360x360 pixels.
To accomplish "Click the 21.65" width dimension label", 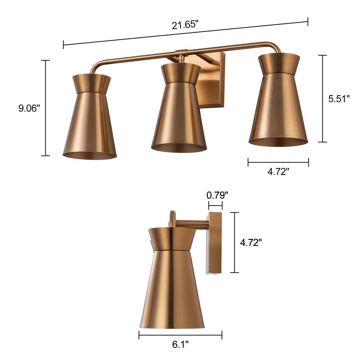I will coord(185,25).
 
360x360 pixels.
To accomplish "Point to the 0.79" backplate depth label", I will coord(217,195).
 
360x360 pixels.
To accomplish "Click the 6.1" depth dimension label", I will coord(180,345).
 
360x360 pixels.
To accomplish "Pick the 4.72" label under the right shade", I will coord(278,171).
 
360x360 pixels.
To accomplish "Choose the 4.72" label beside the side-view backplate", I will coord(251,243).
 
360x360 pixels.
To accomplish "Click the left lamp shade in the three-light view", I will coord(89,121).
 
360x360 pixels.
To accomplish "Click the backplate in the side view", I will coord(215,243).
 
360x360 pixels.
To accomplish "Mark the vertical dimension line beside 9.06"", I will coord(45,108).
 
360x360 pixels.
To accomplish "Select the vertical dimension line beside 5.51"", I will coord(322,99).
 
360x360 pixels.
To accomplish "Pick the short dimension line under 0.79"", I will coord(216,206).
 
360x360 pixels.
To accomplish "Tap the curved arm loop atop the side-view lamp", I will coord(171,218).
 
